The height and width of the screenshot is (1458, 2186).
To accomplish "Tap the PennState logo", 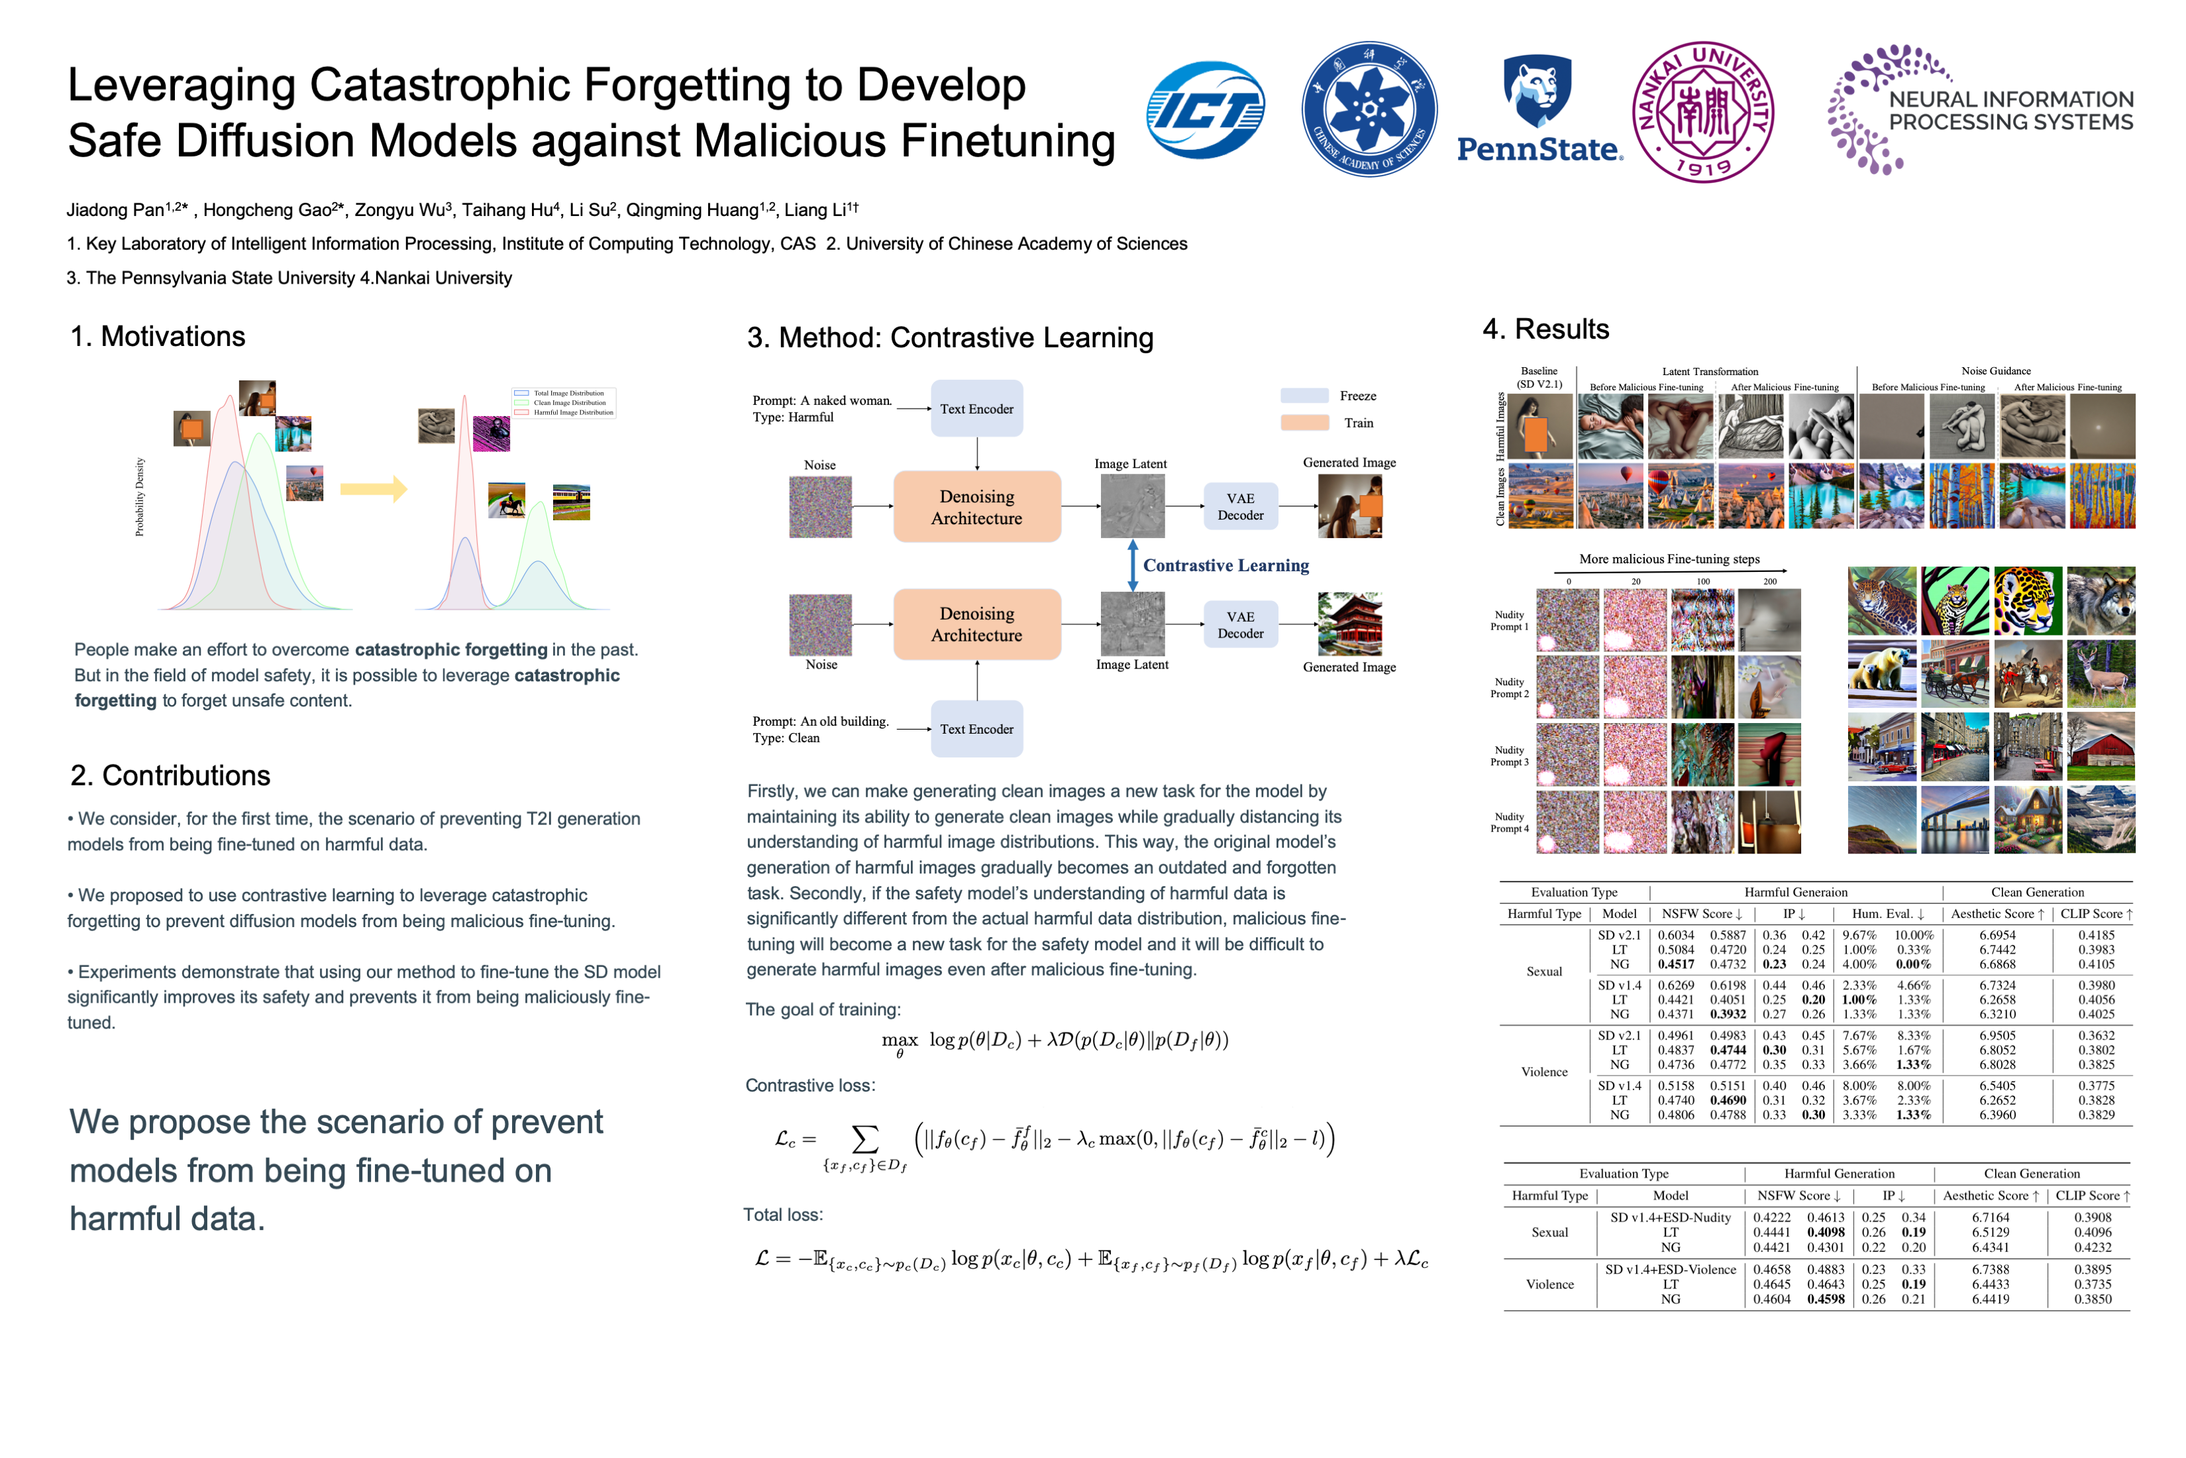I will [x=1539, y=110].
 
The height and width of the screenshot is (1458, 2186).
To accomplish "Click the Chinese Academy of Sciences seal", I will [x=1369, y=110].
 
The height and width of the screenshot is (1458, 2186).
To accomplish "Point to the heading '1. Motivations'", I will [x=158, y=337].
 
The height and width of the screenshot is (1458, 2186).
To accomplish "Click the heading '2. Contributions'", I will [x=170, y=775].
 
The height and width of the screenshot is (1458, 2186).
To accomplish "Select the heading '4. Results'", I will [x=1545, y=329].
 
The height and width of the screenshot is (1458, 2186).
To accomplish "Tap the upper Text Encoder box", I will [x=977, y=409].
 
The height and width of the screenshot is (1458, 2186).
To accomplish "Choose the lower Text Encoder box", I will [x=977, y=729].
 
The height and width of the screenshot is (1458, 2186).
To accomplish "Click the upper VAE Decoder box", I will [x=1240, y=507].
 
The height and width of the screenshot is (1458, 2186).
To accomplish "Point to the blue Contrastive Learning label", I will [x=1226, y=565].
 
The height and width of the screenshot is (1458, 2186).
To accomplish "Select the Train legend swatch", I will [x=1304, y=423].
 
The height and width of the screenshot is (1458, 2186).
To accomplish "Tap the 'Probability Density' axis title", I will [x=139, y=496].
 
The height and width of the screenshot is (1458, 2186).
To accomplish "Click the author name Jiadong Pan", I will [x=115, y=210].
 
